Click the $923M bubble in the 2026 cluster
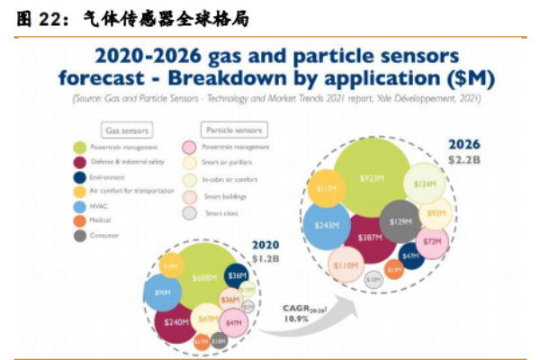[x=370, y=180]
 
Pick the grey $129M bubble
[x=400, y=220]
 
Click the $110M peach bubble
[x=345, y=265]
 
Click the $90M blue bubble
[x=163, y=292]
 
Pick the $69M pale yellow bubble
[x=208, y=319]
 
